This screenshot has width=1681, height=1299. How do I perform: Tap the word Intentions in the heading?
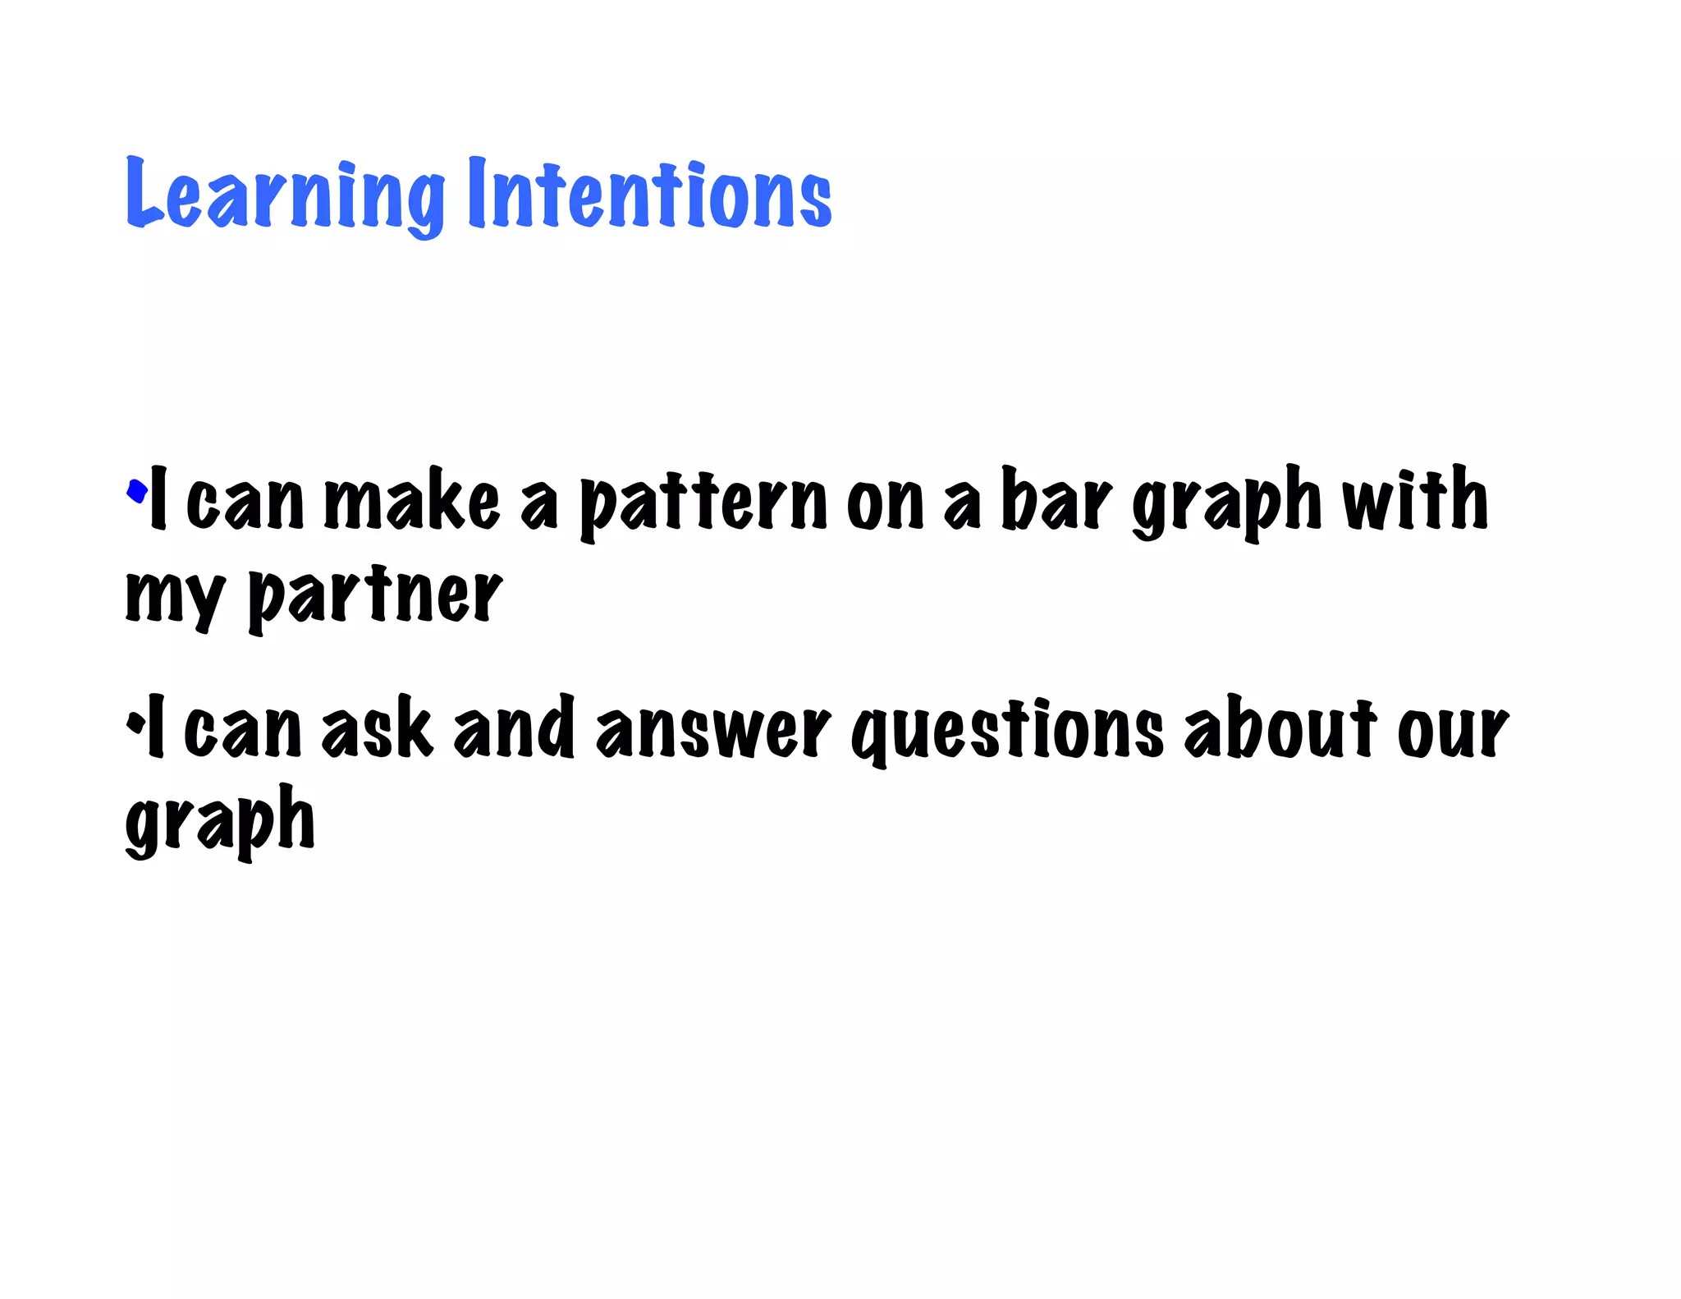pos(650,194)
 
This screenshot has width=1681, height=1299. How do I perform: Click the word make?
pos(412,500)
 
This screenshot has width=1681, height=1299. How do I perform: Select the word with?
pos(1414,498)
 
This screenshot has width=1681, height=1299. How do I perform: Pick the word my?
pos(174,598)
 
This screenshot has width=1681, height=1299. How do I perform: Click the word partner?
pos(375,598)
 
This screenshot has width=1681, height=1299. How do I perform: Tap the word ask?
pos(377,728)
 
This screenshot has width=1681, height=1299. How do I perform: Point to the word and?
pos(514,727)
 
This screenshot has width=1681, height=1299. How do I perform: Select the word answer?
pos(712,728)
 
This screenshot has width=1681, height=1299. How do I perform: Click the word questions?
pos(1007,730)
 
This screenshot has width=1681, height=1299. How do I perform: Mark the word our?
pos(1453,730)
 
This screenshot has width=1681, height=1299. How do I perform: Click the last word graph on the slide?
pos(220,820)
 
